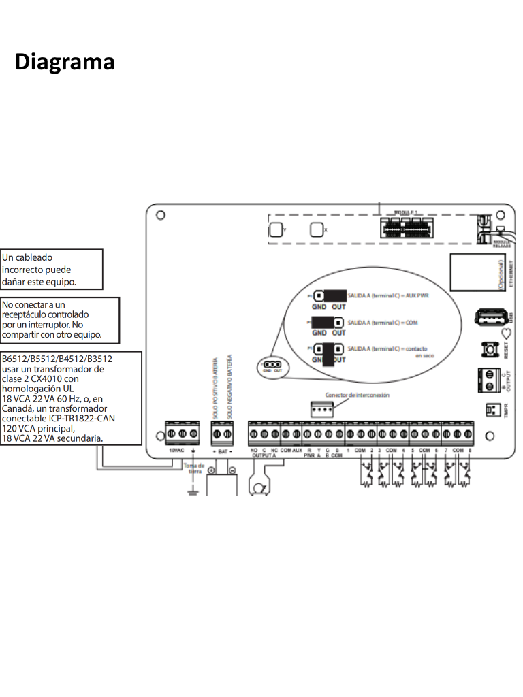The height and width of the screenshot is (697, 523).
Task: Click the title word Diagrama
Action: (x=65, y=62)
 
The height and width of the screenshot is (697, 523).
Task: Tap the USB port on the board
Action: (x=490, y=318)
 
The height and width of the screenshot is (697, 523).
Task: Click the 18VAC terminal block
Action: (x=182, y=434)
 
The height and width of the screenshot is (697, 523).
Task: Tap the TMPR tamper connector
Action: (x=492, y=410)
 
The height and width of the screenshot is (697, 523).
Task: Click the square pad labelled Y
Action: (x=276, y=230)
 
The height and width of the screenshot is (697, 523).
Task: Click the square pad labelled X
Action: (x=317, y=230)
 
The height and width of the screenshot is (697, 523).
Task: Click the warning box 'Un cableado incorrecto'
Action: (x=51, y=269)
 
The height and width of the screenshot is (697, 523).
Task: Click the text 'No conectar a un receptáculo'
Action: (x=59, y=319)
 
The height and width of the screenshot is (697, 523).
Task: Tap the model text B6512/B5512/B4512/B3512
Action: (x=57, y=358)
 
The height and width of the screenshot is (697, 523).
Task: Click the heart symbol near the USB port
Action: (x=505, y=334)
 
